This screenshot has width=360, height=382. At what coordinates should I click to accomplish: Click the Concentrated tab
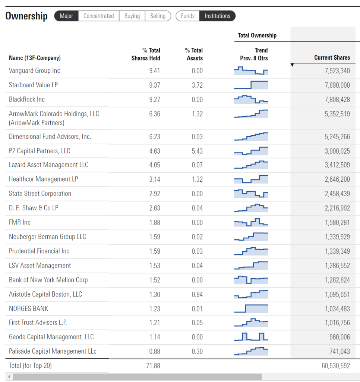coord(98,16)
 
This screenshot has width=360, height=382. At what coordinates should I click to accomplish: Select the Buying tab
coord(132,16)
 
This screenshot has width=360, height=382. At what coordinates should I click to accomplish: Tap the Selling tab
coord(158,16)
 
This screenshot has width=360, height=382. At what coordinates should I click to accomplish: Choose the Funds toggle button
coord(187,16)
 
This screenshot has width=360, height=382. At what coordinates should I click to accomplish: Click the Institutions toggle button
coord(217,16)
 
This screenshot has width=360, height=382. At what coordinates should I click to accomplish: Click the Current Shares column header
coord(332,57)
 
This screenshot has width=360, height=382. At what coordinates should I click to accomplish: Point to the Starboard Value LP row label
coord(33,85)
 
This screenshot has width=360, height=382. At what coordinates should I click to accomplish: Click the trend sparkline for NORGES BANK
coord(251,309)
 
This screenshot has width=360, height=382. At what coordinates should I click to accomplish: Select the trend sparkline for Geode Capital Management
coord(251,337)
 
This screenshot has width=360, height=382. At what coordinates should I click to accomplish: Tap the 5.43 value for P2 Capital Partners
coord(197,151)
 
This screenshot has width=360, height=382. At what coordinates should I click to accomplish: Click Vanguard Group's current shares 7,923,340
coord(337,71)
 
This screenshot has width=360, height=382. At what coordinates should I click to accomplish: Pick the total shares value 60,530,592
coord(336,366)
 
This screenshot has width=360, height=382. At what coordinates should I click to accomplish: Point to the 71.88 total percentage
coord(153,366)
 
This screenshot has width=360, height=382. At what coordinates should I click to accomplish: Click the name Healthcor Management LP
coord(43,179)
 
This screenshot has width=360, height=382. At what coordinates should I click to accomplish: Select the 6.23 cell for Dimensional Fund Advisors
coord(154,137)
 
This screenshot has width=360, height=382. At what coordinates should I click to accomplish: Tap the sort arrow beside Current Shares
coord(292,65)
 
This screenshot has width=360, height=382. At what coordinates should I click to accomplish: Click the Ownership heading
coord(26,16)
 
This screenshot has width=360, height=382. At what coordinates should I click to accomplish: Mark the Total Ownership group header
coord(257,35)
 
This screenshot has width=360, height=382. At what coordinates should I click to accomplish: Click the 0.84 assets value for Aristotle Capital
coord(197,294)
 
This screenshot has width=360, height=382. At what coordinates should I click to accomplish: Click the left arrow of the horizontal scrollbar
coord(9,377)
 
